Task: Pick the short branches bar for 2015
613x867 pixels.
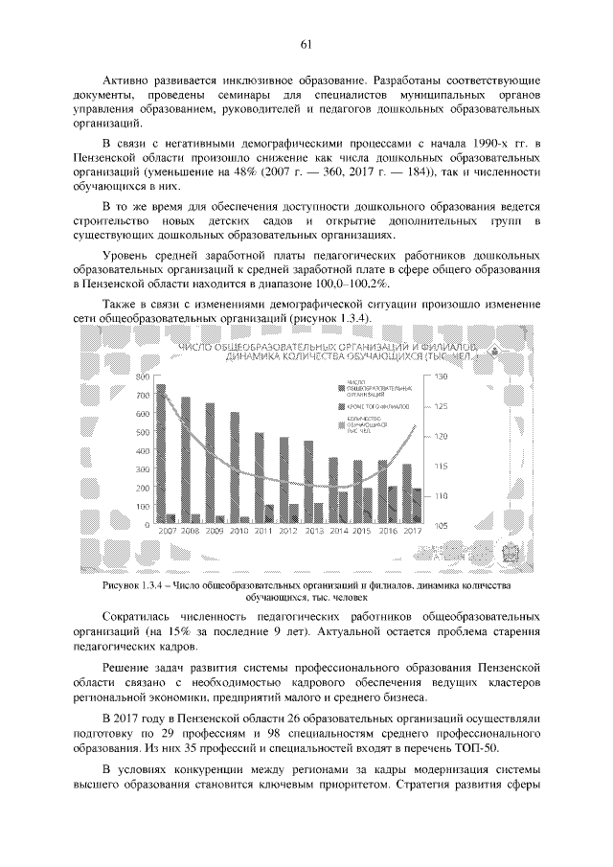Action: [x=367, y=505]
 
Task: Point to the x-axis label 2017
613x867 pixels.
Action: [x=413, y=530]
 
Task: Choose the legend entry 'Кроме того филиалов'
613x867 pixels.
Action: [x=379, y=407]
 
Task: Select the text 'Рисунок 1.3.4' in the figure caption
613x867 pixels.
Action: [x=133, y=584]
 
